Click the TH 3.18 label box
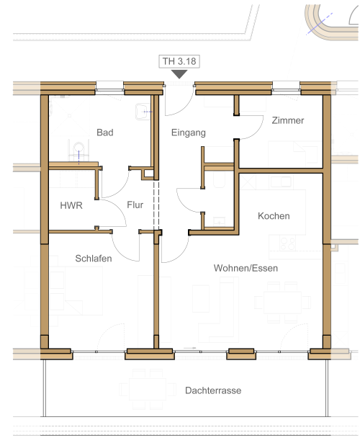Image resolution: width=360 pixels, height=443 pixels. [179, 61]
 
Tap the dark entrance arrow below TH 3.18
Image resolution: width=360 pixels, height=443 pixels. [179, 74]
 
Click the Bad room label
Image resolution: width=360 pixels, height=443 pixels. [105, 133]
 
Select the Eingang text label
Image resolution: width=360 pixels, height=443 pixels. [189, 133]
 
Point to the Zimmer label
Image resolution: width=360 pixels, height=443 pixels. [288, 120]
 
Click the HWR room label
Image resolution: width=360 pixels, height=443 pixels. [71, 205]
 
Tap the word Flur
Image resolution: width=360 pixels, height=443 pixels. [135, 205]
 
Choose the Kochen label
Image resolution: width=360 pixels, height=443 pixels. [274, 216]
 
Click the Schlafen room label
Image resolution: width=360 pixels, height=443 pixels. [94, 259]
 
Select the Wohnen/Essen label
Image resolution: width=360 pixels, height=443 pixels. [246, 268]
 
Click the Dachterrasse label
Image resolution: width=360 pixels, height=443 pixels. [213, 390]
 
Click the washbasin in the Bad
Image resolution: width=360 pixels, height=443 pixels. [143, 112]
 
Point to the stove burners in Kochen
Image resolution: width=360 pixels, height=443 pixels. [287, 243]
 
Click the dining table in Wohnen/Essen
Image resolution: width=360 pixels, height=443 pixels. [282, 303]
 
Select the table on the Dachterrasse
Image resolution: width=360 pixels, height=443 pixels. [148, 389]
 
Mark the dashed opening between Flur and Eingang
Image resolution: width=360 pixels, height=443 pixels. [156, 205]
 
